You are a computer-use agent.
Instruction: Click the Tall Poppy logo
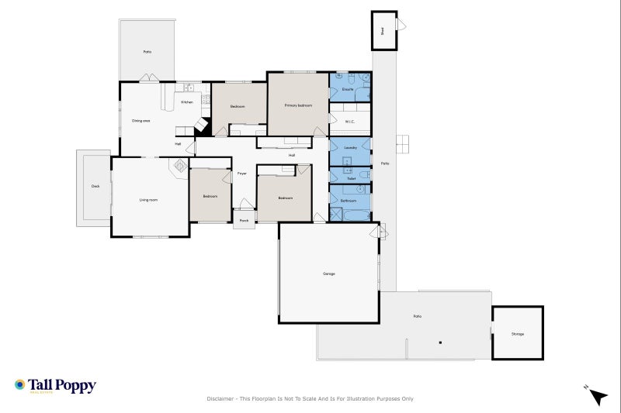(55, 386)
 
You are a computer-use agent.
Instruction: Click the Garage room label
(329, 274)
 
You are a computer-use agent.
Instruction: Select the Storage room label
(517, 334)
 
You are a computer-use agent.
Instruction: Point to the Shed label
(382, 31)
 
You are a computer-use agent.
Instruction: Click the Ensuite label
(348, 89)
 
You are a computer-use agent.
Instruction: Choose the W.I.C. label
(350, 121)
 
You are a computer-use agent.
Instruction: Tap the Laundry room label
(350, 147)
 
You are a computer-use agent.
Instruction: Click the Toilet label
(351, 179)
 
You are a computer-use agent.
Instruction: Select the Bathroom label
(349, 201)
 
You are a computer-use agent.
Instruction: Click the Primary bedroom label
(297, 105)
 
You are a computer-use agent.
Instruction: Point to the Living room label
(148, 200)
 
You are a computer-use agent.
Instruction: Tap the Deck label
(95, 186)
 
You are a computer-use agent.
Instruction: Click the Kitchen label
(187, 102)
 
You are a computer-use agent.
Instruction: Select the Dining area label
(141, 120)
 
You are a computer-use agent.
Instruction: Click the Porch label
(244, 220)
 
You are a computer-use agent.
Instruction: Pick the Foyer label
(242, 174)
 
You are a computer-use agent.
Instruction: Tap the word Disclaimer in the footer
(220, 399)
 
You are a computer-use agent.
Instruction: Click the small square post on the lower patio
(439, 342)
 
